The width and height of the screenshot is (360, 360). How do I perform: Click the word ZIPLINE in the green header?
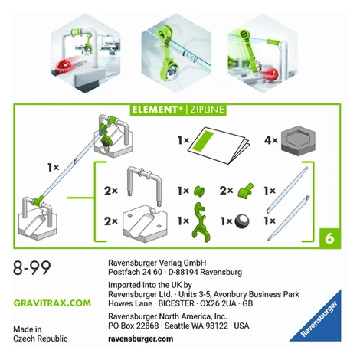point(207,110)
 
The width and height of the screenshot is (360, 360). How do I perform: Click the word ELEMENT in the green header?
point(155,110)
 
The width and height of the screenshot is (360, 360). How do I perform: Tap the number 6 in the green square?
point(329,238)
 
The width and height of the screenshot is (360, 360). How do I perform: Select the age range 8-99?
point(32,268)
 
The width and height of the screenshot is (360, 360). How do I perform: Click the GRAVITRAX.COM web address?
point(52,303)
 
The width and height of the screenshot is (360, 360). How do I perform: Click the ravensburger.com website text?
point(141,339)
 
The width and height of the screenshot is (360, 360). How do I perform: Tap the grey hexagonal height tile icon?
point(298,141)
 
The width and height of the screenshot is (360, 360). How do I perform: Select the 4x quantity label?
point(271,140)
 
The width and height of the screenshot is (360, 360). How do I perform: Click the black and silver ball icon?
point(242,221)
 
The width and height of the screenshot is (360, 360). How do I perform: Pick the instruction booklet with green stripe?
point(218,144)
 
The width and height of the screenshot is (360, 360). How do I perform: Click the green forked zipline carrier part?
point(201,222)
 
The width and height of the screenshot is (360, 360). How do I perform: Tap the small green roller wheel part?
point(199,191)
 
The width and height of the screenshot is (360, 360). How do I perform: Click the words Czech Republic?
point(41,339)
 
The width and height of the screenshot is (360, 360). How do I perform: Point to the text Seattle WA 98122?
point(196,326)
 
